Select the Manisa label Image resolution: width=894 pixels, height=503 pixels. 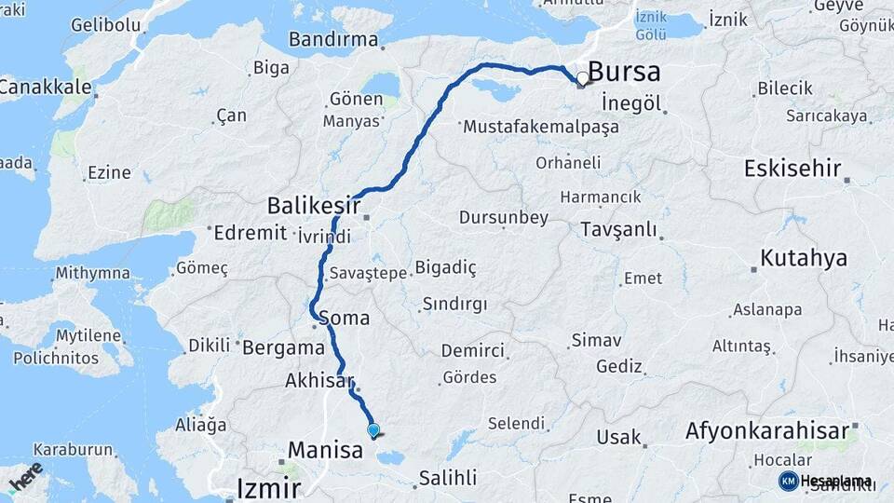click(325, 451)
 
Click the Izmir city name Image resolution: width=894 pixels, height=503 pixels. click(268, 487)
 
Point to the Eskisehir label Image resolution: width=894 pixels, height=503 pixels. click(792, 169)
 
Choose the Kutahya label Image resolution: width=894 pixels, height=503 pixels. click(804, 258)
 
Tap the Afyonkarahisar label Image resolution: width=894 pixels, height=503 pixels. click(767, 431)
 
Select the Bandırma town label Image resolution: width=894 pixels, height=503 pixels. click(333, 40)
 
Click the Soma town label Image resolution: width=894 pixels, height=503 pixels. click(344, 318)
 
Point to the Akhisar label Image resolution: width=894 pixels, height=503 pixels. click(320, 381)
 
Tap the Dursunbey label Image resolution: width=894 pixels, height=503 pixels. click(504, 218)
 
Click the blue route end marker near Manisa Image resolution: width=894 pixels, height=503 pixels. click(373, 430)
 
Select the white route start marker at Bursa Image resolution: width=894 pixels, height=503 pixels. click(583, 79)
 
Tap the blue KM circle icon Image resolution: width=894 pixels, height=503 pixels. click(788, 481)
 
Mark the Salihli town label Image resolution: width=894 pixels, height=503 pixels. click(447, 478)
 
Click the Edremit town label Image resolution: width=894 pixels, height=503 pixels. click(250, 233)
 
